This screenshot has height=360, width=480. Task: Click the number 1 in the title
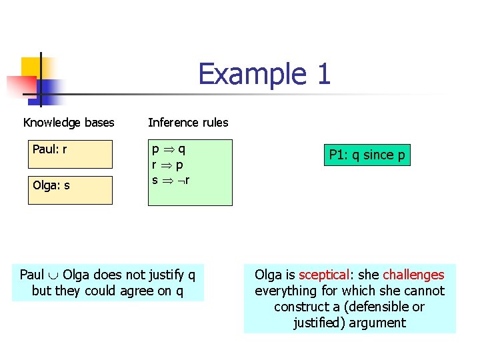(323, 74)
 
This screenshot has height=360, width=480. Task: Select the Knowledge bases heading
(69, 123)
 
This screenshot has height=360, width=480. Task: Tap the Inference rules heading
(188, 123)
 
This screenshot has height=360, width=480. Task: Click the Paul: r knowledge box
(70, 154)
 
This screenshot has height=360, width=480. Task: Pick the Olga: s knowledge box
(70, 189)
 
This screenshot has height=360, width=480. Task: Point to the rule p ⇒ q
(169, 150)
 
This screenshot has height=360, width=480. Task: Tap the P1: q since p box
(367, 155)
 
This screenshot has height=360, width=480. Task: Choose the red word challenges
(413, 275)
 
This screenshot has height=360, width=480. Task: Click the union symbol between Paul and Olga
(53, 275)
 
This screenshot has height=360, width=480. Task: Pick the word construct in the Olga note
(300, 307)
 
